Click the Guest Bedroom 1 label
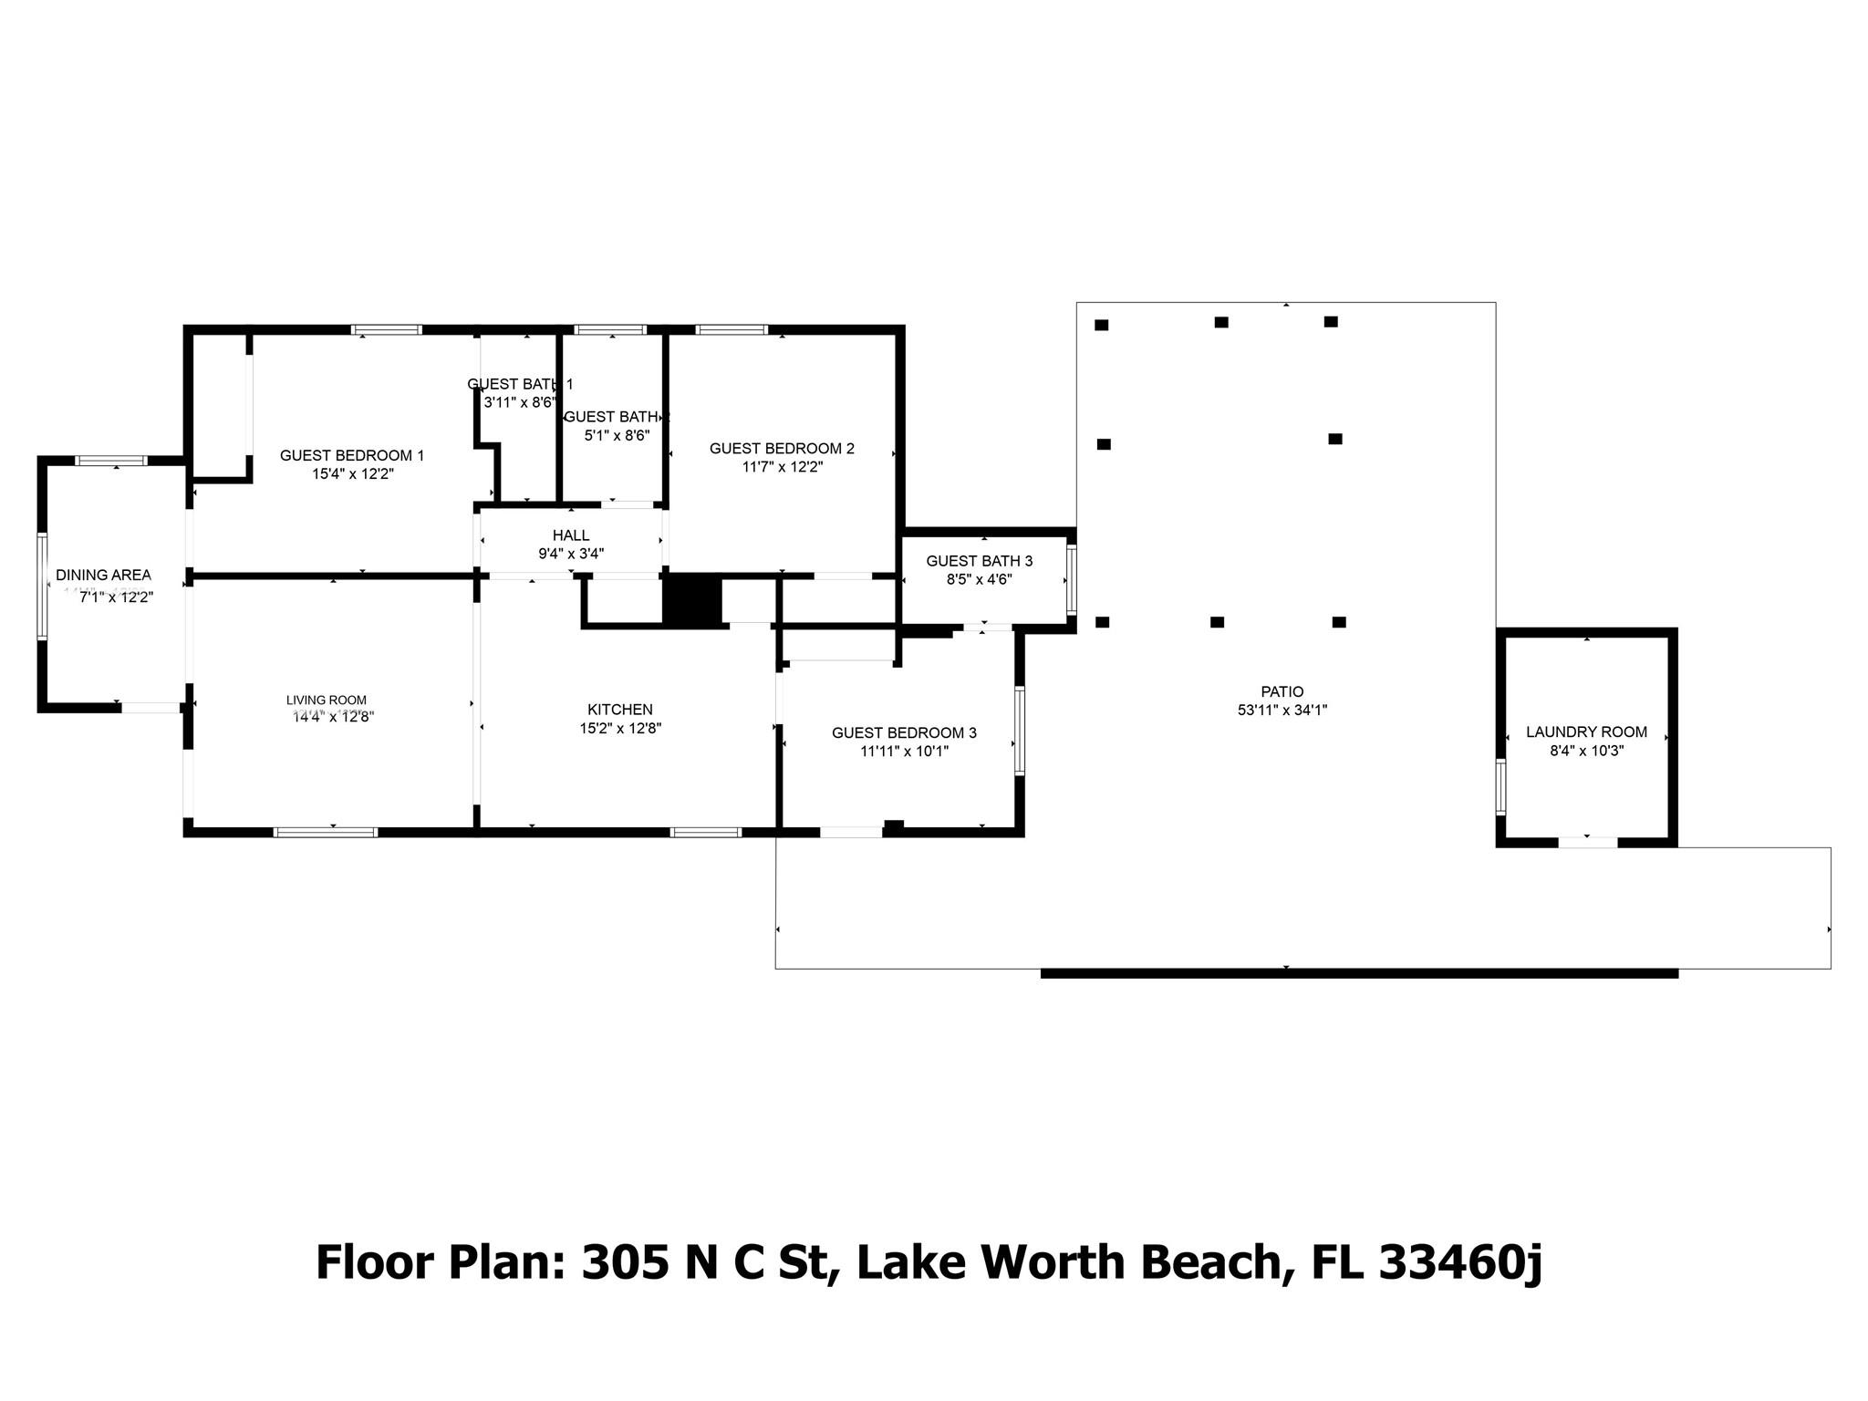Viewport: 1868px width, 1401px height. click(351, 455)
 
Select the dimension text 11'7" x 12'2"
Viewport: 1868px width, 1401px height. click(782, 467)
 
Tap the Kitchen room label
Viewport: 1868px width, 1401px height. click(619, 710)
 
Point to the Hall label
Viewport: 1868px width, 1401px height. click(571, 535)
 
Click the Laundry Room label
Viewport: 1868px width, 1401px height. click(1586, 732)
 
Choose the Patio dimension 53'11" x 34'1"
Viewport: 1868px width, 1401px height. click(1282, 711)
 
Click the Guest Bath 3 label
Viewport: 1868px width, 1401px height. click(979, 561)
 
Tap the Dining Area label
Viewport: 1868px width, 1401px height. click(103, 575)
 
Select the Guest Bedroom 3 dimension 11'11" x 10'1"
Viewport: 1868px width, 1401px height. click(904, 752)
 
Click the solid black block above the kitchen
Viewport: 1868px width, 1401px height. click(691, 598)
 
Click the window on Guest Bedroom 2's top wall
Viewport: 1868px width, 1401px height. click(731, 329)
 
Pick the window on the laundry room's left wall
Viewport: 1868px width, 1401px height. click(1500, 786)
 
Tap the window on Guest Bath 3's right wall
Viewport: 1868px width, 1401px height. click(1072, 579)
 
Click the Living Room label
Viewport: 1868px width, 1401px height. click(326, 700)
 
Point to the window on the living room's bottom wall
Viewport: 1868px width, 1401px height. click(326, 832)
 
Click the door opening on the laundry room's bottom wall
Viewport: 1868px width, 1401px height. click(1587, 842)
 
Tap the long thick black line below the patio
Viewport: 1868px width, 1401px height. click(1359, 974)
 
